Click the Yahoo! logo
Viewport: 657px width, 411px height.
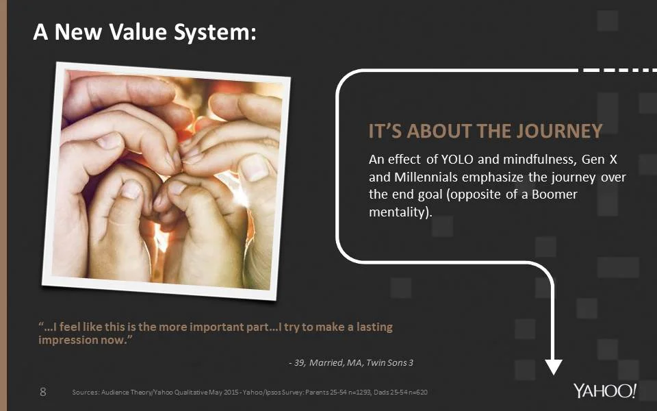[x=605, y=392]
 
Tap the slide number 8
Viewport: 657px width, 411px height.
[x=43, y=392]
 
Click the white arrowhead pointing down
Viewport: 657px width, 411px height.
[x=553, y=366]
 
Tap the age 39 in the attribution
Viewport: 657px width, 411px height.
[x=299, y=362]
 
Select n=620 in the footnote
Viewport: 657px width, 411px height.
[x=418, y=393]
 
